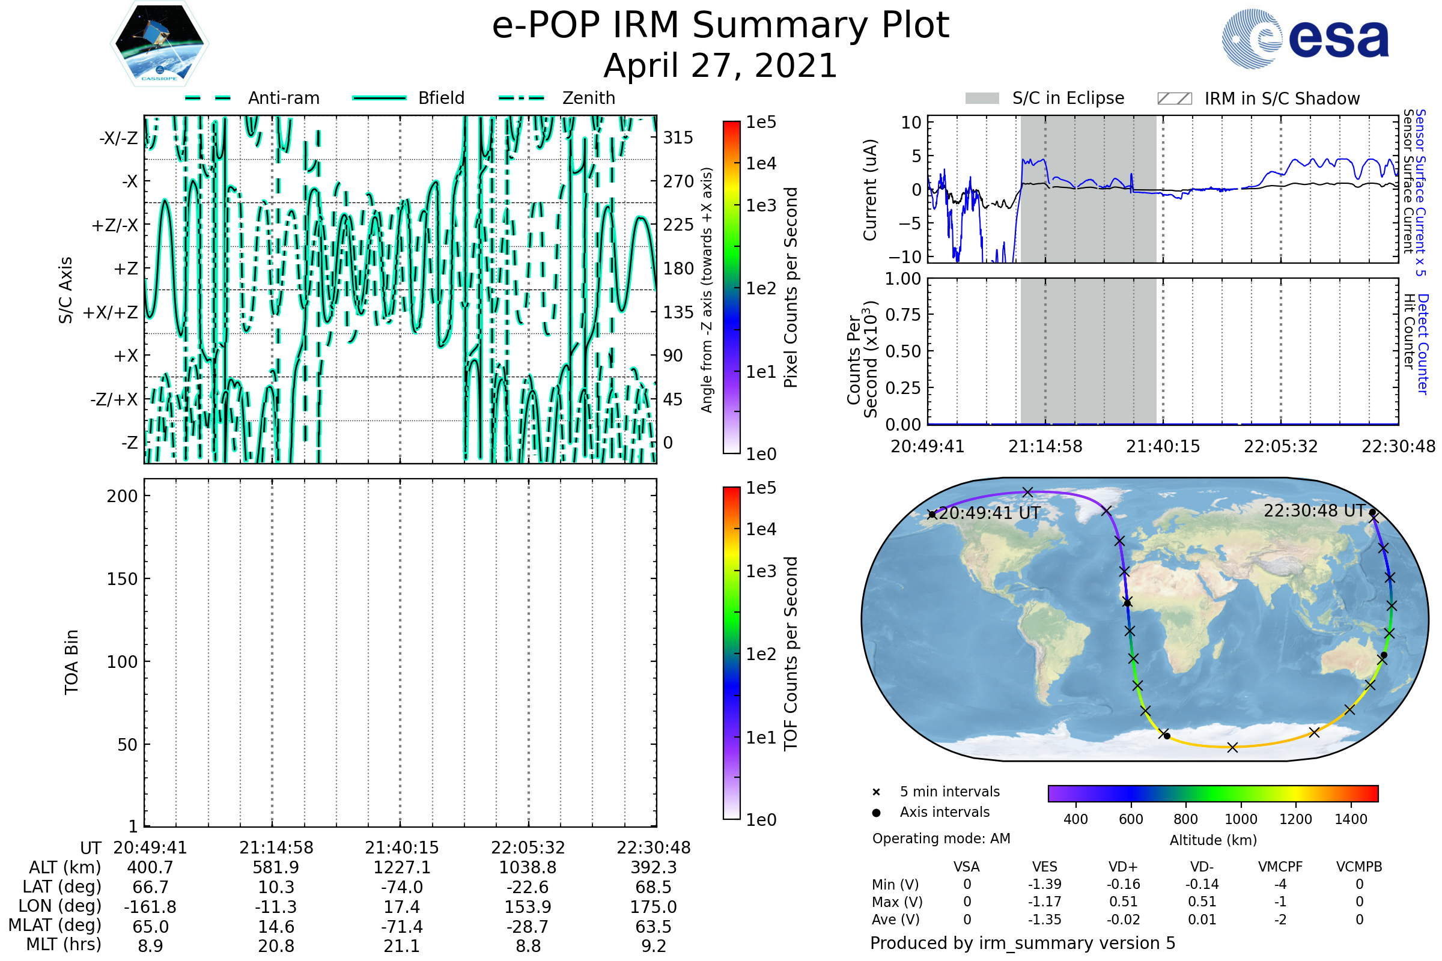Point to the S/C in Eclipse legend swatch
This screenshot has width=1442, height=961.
(982, 99)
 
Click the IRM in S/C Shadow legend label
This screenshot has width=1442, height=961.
(1282, 99)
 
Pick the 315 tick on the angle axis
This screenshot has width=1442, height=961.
(678, 138)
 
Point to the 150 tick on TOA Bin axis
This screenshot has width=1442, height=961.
(122, 579)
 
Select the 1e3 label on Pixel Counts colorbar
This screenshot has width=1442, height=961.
(761, 206)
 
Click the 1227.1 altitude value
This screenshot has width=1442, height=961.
(401, 868)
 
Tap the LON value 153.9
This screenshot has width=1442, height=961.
(528, 907)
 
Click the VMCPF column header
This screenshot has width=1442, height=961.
(1280, 867)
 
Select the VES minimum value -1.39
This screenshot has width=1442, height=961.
(1045, 884)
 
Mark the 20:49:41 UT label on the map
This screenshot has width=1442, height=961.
(989, 513)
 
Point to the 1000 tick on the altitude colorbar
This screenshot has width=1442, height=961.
(1241, 819)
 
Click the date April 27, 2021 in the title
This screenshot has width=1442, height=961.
(720, 65)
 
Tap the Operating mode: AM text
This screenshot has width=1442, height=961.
(941, 838)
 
